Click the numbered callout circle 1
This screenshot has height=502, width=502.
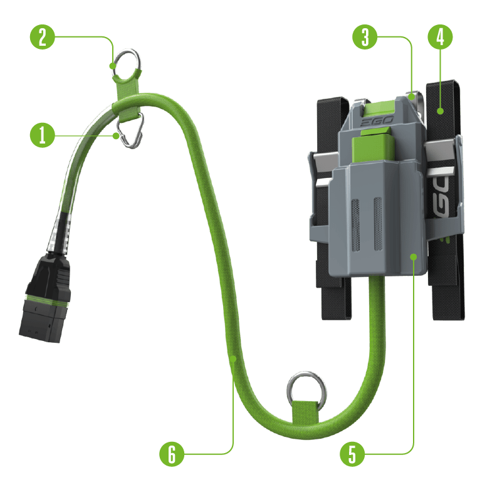42,135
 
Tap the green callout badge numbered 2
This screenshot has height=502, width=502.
42,37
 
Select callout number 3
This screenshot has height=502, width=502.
365,37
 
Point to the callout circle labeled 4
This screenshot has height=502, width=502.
440,37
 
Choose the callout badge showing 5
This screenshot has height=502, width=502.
352,454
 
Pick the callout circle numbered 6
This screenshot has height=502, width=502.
172,454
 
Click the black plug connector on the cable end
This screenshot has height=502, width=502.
46,297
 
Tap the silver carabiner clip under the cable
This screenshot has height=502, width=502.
130,130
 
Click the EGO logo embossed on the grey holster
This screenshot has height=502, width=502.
377,122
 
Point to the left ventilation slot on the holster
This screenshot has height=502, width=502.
356,225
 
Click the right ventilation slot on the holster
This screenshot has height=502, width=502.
378,224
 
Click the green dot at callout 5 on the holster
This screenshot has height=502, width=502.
414,257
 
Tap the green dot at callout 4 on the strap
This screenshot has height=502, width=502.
440,111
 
